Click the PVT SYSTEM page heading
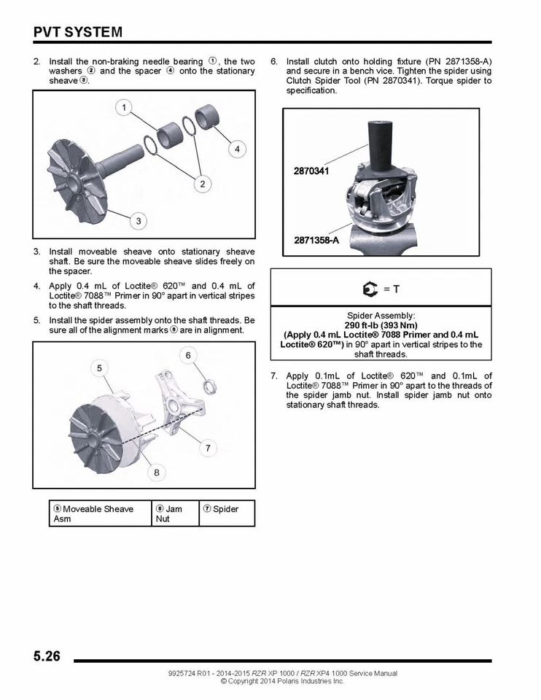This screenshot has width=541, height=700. pyautogui.click(x=77, y=32)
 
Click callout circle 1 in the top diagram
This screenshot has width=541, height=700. pyautogui.click(x=124, y=109)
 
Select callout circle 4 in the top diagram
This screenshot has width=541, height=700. pyautogui.click(x=236, y=149)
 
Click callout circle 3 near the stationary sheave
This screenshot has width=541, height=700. pyautogui.click(x=138, y=220)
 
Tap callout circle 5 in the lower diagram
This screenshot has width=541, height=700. pyautogui.click(x=99, y=367)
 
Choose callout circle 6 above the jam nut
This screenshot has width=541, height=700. pyautogui.click(x=187, y=355)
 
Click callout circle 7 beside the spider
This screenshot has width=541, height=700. pyautogui.click(x=208, y=448)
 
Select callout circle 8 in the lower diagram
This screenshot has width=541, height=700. pyautogui.click(x=156, y=472)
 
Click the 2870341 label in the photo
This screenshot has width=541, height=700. pyautogui.click(x=311, y=171)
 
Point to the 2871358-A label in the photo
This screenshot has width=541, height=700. pyautogui.click(x=316, y=240)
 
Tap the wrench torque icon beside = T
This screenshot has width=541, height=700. pyautogui.click(x=370, y=289)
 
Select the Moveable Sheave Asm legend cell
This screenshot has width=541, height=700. pyautogui.click(x=98, y=513)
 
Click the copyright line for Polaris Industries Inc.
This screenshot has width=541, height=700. pyautogui.click(x=281, y=681)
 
